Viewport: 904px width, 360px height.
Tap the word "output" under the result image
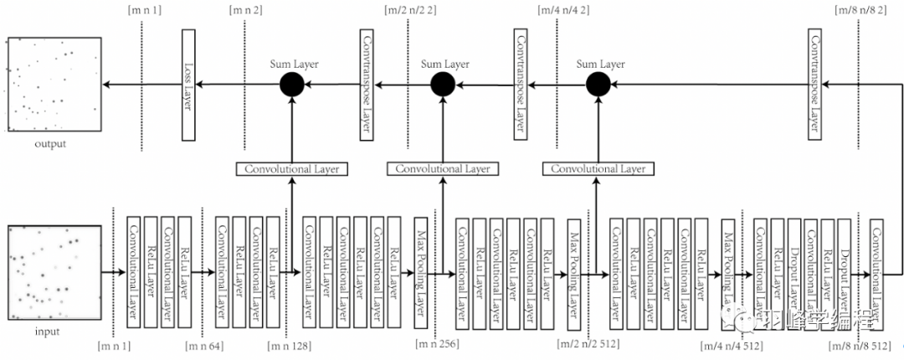pyautogui.click(x=50, y=144)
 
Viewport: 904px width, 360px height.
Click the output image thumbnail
pyautogui.click(x=54, y=84)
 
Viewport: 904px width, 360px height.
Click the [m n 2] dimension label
pyautogui.click(x=244, y=11)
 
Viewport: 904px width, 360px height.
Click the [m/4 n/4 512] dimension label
pyautogui.click(x=732, y=344)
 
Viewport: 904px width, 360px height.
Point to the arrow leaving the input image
pyautogui.click(x=112, y=272)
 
